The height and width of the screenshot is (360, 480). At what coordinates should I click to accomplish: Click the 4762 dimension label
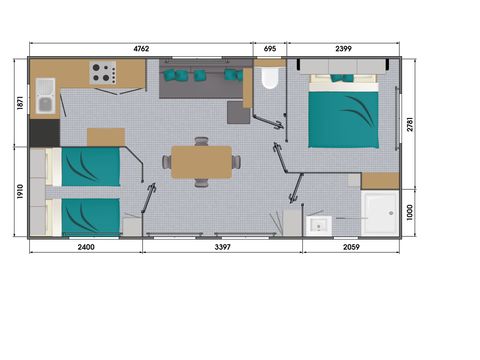(x=141, y=49)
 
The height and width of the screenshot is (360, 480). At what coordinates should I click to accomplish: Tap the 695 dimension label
(x=270, y=49)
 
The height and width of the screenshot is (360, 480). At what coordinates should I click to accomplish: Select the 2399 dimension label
(x=343, y=49)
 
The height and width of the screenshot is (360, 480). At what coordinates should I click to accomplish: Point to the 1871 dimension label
(x=20, y=103)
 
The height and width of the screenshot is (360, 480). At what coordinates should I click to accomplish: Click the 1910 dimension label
(x=20, y=191)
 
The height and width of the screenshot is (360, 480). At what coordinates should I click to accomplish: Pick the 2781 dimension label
(x=410, y=124)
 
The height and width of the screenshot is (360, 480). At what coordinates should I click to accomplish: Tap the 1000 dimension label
(x=410, y=212)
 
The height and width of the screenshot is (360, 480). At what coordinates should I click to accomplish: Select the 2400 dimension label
(x=86, y=247)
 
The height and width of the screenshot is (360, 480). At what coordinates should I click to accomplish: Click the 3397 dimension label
(x=222, y=247)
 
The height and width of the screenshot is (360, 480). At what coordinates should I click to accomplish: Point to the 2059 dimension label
(x=351, y=247)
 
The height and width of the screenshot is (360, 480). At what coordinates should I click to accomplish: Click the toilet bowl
(x=269, y=79)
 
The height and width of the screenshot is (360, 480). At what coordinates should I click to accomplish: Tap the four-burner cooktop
(x=103, y=73)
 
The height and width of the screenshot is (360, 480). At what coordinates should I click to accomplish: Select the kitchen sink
(x=45, y=96)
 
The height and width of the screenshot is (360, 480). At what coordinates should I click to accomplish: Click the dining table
(x=202, y=162)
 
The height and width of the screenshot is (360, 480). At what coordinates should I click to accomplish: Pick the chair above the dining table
(x=202, y=141)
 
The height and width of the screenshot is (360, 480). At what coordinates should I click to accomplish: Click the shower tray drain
(x=391, y=213)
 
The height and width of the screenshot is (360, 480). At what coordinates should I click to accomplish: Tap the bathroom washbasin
(x=319, y=225)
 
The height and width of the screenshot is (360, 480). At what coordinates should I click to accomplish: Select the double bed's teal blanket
(x=343, y=120)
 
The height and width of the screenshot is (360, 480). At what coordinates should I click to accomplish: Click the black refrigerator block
(x=45, y=133)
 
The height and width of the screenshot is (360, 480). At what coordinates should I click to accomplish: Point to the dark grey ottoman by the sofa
(x=239, y=112)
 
